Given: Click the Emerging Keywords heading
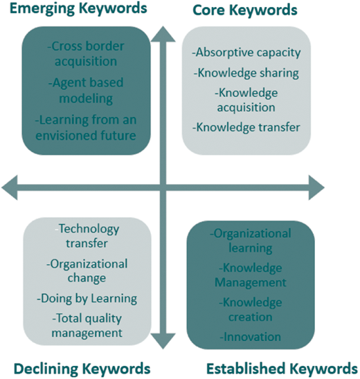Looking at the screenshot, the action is point(78,9).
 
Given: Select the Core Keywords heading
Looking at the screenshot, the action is point(245,10).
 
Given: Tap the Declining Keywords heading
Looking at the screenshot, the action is point(82,369).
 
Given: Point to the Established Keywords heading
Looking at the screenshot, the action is point(282,369).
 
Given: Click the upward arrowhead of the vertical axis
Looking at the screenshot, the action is point(163,34).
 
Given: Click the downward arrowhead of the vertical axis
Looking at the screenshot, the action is point(163,341).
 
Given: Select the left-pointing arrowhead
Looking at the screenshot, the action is point(10,187).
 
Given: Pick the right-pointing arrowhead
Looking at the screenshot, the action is point(316,187).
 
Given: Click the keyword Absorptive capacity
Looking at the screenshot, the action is point(246,53).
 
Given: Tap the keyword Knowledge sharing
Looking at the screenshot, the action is point(246,73).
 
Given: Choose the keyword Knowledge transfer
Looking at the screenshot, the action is point(246,127).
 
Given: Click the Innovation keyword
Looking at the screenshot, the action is point(250,337).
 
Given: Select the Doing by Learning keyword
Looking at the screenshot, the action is point(87,299).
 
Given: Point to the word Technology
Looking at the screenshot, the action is point(89,229).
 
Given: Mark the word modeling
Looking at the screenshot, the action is point(86,99).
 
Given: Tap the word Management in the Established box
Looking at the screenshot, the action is point(251,283).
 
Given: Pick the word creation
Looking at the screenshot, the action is point(251,317).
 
